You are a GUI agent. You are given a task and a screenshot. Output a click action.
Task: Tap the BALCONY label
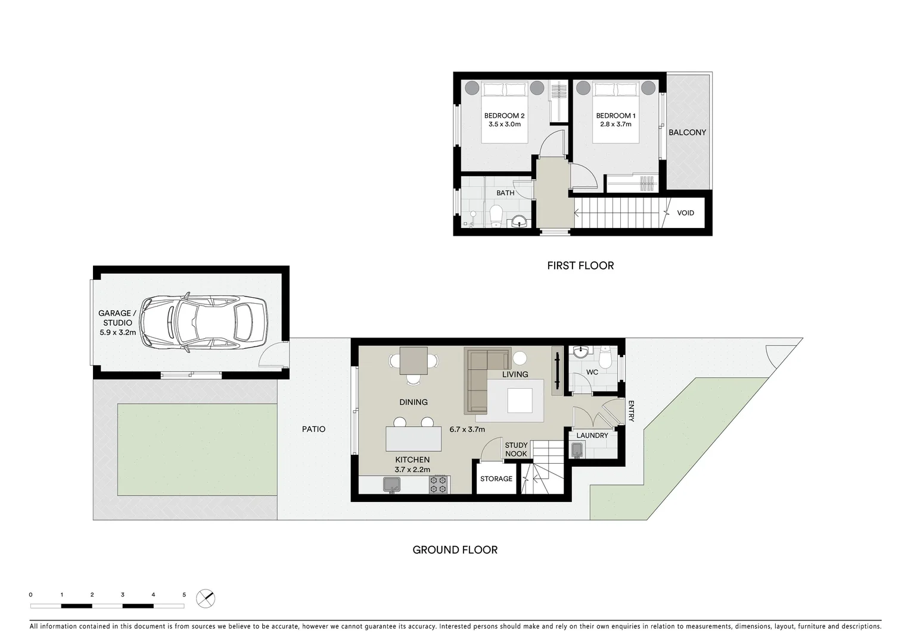tap(687, 132)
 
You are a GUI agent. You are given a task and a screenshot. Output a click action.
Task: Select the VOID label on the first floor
tap(685, 213)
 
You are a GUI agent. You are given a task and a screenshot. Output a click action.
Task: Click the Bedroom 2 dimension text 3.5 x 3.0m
tap(504, 124)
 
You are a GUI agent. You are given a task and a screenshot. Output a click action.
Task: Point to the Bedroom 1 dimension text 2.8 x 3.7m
tap(615, 124)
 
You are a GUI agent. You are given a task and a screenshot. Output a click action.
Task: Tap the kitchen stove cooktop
tap(438, 484)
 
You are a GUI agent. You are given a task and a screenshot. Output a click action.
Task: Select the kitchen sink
tap(392, 485)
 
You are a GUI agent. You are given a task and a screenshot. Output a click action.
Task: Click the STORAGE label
tap(496, 479)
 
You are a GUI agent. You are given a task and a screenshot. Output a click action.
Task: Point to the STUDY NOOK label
tap(516, 450)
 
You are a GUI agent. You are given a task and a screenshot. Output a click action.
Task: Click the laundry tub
tap(577, 450)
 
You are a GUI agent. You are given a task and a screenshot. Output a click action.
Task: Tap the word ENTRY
tap(631, 411)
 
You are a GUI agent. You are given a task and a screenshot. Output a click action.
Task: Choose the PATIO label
tap(313, 429)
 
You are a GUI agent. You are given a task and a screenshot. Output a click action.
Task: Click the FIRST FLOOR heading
tap(580, 266)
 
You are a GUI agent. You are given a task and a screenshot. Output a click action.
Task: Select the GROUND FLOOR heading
tap(455, 550)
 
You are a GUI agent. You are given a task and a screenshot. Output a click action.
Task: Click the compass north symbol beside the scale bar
tap(206, 598)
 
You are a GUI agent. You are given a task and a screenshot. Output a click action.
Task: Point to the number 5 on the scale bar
tap(184, 595)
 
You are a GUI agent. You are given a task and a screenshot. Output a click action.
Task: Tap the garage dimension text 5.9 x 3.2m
tap(117, 332)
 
